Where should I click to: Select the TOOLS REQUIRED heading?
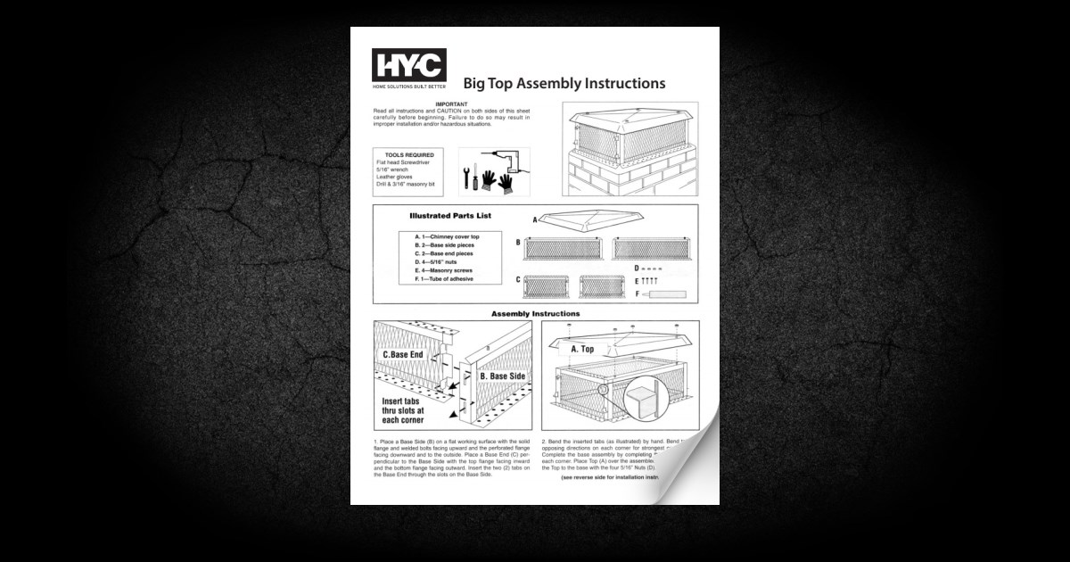coord(403,154)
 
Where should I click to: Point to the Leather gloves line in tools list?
coord(396,177)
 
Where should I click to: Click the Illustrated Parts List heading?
coord(450,216)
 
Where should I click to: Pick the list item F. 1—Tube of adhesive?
coord(444,279)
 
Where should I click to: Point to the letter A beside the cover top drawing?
coord(535,219)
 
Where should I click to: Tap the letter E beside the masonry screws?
coord(637,281)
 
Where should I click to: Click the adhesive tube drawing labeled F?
coord(666,293)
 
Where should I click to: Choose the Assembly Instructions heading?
coord(535,314)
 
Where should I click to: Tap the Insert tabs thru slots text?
coord(403,409)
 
